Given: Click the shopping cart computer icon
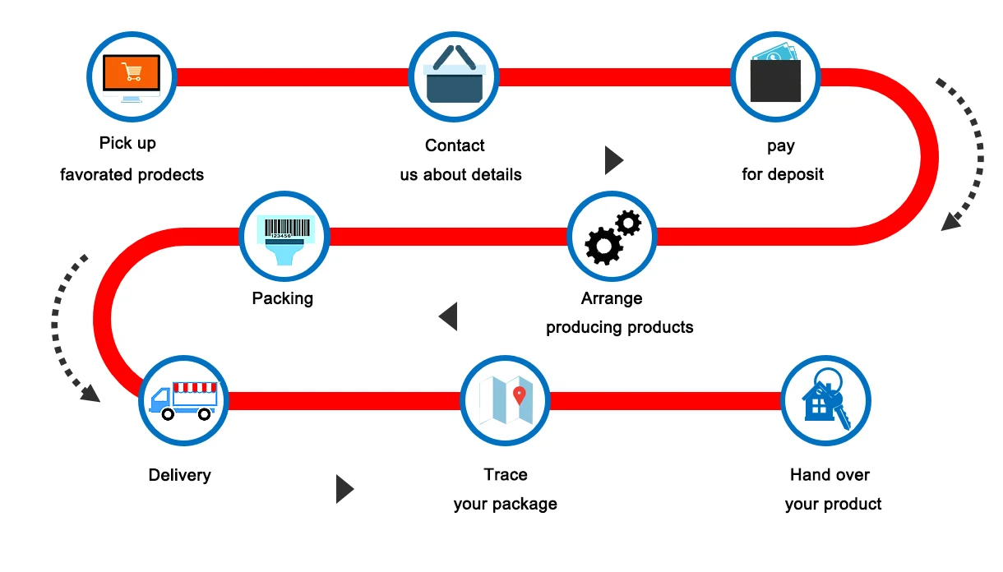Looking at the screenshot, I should click(x=132, y=76).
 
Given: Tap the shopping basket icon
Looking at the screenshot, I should click(x=453, y=76).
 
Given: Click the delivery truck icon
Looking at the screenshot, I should click(x=183, y=400).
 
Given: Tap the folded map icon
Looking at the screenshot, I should click(x=505, y=400).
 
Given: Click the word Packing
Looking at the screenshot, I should click(x=283, y=298).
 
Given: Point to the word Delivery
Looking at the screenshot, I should click(x=179, y=475).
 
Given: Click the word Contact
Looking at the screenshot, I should click(x=455, y=145).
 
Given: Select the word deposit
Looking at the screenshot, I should click(x=795, y=174).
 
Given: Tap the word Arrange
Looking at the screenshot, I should click(x=612, y=298).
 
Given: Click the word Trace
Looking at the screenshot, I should click(x=506, y=474).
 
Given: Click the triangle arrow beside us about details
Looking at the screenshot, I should click(x=613, y=160).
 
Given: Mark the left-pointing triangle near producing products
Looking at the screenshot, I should click(x=448, y=316).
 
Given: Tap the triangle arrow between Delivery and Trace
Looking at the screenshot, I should click(x=344, y=489).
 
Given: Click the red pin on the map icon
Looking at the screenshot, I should click(x=519, y=395).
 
